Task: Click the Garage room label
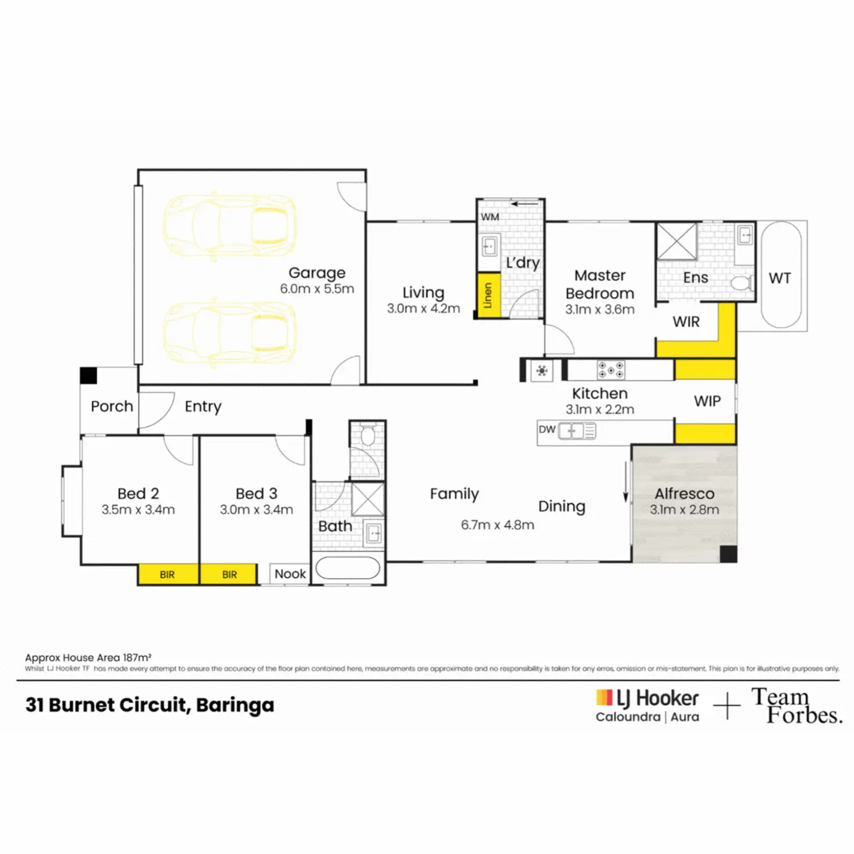point(317,273)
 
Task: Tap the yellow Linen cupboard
point(489,296)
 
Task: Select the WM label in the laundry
point(490,217)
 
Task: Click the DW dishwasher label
point(547,429)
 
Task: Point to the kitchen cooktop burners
point(611,370)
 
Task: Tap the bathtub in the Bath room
point(348,568)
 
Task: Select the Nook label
point(290,574)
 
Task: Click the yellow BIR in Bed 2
point(168,574)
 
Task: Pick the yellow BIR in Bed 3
point(229,574)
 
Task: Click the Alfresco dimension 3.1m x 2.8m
point(684,509)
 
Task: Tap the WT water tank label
point(780,278)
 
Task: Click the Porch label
point(111,406)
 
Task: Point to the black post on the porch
point(88,375)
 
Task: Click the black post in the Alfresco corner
point(728,554)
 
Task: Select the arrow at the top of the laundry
point(524,204)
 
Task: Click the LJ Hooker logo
point(647,705)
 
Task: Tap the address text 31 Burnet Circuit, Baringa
point(150,705)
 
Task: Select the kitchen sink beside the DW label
point(577,430)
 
